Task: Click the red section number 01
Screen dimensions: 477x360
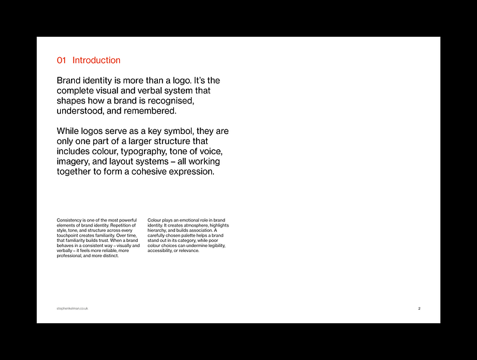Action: tap(62, 60)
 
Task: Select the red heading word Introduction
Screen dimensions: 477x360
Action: tap(96, 60)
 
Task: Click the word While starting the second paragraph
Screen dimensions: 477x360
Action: tap(70, 131)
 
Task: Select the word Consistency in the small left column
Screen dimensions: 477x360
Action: tap(69, 220)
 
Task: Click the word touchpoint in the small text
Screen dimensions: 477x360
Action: tap(68, 236)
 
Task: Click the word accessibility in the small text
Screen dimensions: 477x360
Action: tap(161, 251)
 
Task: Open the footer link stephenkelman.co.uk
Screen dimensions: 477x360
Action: tap(72, 309)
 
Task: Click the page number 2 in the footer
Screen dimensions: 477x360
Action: tap(419, 309)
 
